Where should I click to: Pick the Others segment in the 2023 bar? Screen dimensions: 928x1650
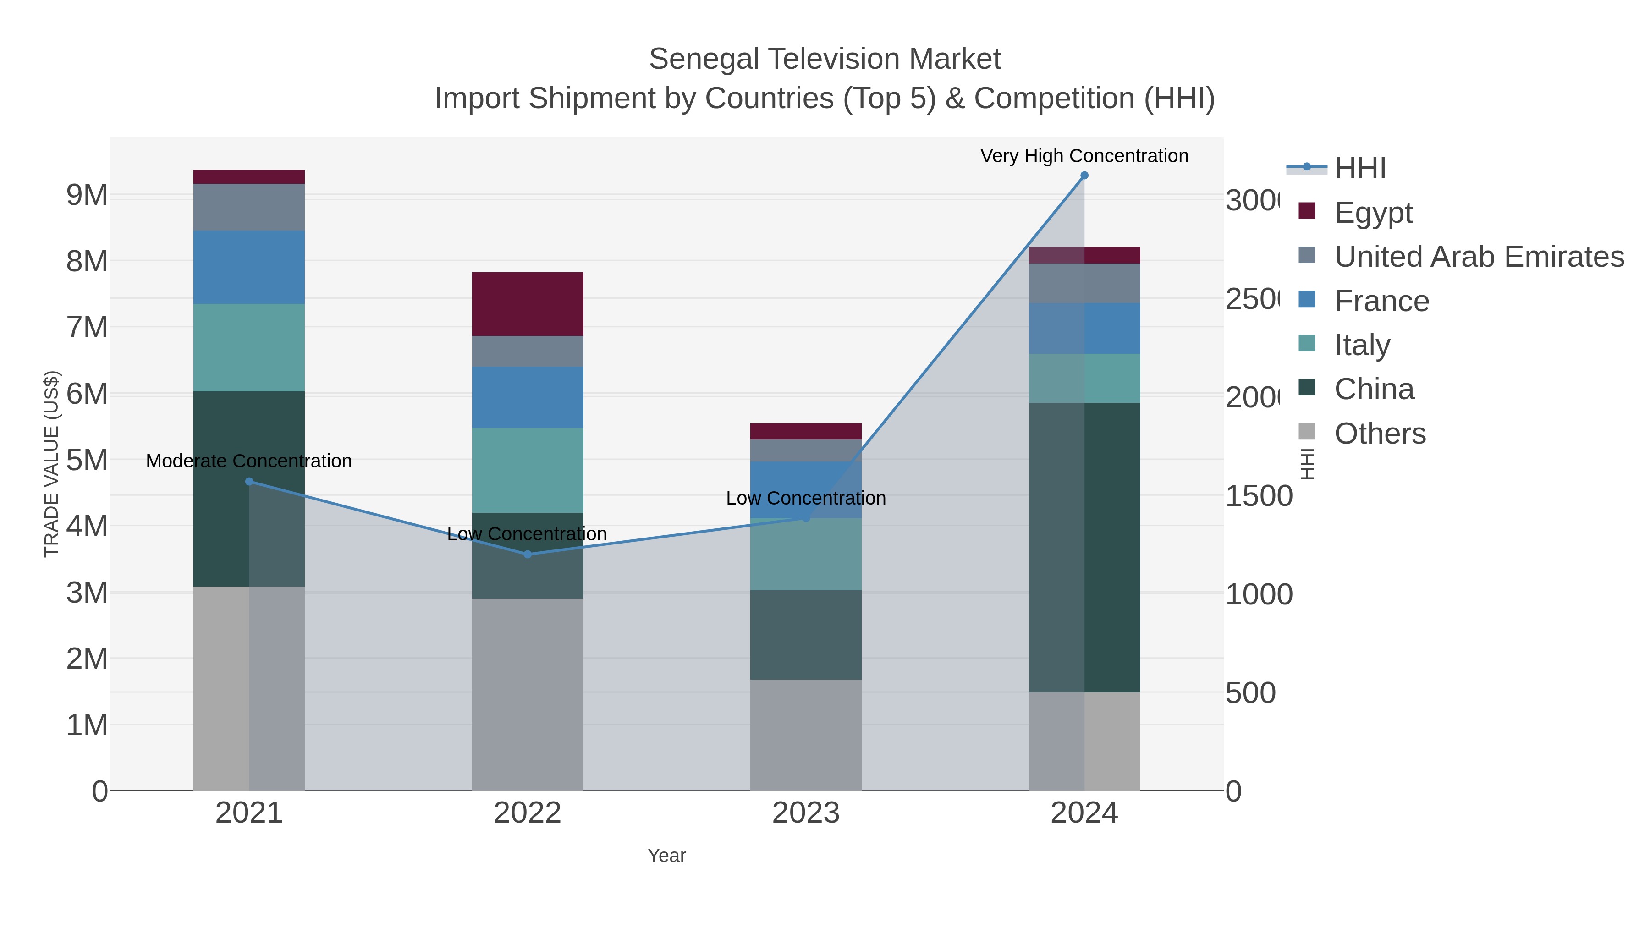tap(805, 735)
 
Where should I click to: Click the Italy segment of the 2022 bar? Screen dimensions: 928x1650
tap(527, 470)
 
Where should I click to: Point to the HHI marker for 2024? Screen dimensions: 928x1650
tap(1084, 176)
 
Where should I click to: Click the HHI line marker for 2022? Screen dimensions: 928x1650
tap(527, 555)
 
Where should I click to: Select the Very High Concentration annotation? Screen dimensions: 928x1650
tap(1084, 156)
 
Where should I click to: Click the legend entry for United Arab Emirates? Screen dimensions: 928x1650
tap(1478, 257)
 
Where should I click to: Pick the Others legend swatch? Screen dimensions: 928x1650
tap(1307, 432)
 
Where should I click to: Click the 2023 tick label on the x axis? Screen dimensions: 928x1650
tap(805, 813)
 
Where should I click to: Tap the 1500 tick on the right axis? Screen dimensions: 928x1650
tap(1259, 496)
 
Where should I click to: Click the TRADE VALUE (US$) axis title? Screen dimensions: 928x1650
tap(51, 464)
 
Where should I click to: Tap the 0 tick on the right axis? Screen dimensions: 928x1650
tap(1234, 791)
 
